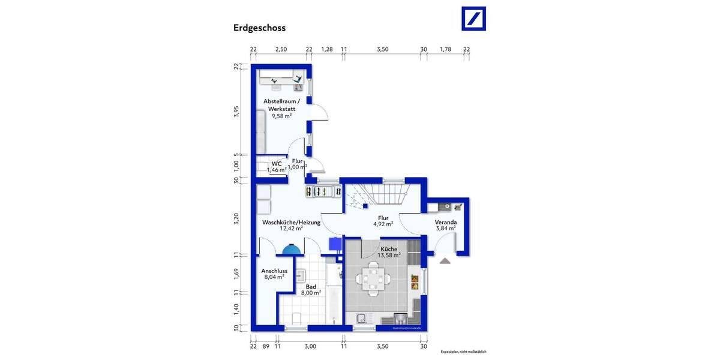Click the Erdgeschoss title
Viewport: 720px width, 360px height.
[259, 28]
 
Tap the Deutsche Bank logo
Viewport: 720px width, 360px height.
[473, 19]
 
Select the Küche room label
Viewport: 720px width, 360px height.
[388, 248]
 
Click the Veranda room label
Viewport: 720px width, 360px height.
[445, 221]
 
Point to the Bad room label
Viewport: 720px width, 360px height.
[311, 287]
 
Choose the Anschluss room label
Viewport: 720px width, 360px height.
[274, 271]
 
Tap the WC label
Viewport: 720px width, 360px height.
[277, 163]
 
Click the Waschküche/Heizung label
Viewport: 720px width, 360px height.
[291, 222]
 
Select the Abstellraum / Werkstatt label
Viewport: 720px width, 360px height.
[281, 105]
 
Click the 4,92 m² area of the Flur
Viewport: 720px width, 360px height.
[383, 224]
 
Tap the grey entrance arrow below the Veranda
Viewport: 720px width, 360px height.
[445, 260]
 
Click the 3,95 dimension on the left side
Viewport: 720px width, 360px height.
[236, 113]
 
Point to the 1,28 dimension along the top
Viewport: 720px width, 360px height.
[326, 49]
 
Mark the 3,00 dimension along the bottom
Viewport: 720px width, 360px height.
[310, 346]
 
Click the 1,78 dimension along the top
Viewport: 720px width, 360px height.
[445, 49]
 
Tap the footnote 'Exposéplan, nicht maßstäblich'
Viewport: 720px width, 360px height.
[463, 352]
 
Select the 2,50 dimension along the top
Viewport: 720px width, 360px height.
[280, 49]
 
